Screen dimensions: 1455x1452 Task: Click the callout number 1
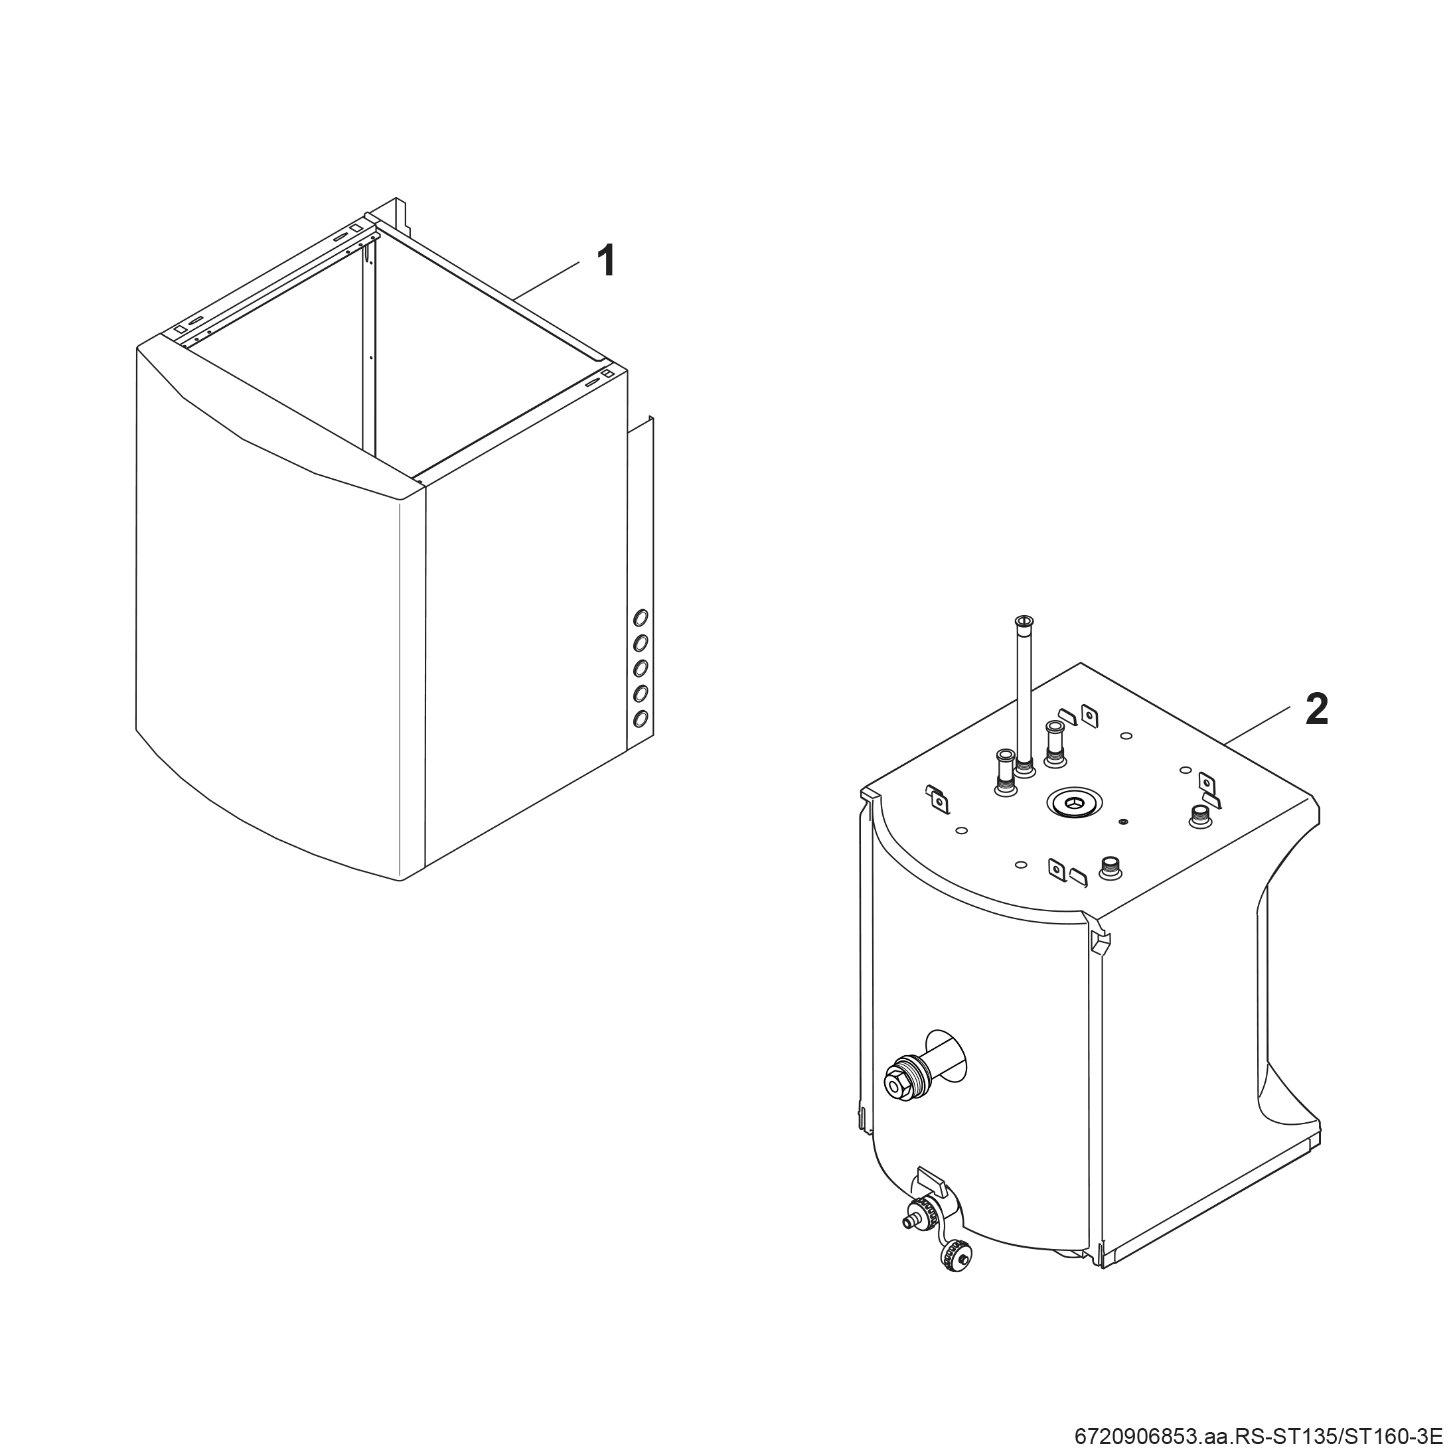point(605,261)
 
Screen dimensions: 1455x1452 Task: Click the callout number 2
point(1316,709)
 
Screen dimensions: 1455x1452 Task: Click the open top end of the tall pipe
point(1024,620)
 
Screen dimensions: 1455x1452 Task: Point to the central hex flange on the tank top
point(1073,803)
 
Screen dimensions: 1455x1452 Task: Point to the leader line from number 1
point(546,280)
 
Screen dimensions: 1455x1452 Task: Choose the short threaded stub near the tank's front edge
point(1110,867)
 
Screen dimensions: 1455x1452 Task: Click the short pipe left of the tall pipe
point(1006,772)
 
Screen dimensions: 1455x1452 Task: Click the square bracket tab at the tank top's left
point(939,800)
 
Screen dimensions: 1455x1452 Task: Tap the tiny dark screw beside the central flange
point(1123,821)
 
